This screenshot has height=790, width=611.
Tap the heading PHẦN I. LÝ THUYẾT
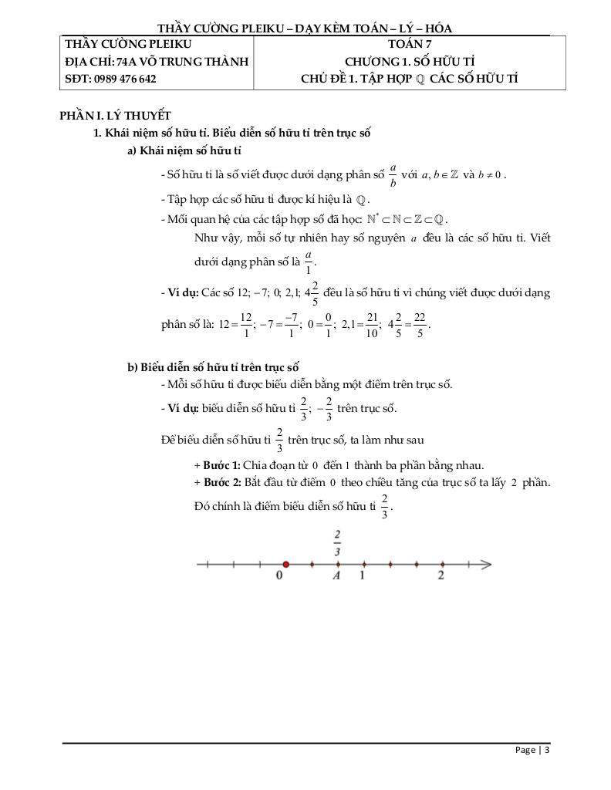click(115, 116)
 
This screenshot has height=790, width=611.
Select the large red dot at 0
click(285, 565)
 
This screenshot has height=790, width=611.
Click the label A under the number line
click(337, 576)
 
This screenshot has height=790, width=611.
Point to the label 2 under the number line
click(441, 576)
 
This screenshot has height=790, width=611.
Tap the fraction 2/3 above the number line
click(337, 542)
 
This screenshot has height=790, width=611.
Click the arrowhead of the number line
click(485, 565)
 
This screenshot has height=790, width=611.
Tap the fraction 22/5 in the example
click(420, 324)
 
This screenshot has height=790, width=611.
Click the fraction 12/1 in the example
click(245, 324)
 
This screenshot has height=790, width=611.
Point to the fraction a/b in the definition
click(393, 175)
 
